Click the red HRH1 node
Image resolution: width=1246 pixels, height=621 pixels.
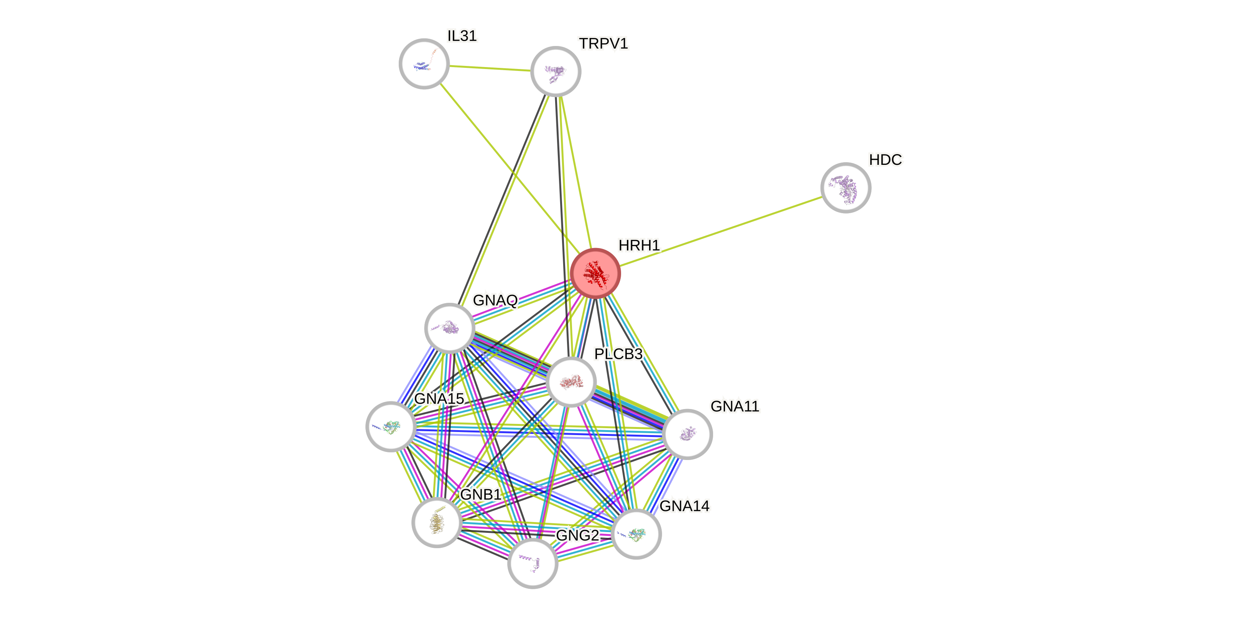tap(595, 273)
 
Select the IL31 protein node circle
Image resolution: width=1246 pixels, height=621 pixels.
tap(424, 64)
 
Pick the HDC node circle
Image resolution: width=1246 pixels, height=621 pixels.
tap(846, 188)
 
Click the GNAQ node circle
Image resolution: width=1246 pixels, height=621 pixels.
tap(449, 328)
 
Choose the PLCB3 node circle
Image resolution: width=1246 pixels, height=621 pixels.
tap(571, 382)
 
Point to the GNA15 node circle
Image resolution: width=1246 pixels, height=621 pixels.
tap(391, 427)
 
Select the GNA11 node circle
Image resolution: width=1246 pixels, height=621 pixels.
tap(687, 434)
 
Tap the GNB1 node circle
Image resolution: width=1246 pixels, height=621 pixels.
tap(437, 522)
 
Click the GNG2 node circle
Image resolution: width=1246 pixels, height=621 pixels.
tap(533, 563)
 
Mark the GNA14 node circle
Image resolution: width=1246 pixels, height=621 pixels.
tap(636, 534)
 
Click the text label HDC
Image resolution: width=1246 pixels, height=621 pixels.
tap(885, 159)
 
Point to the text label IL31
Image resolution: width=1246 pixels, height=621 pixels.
tap(462, 35)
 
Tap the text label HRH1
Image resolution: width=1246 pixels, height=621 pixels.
tap(639, 246)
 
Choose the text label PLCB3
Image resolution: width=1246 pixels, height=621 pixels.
tap(618, 354)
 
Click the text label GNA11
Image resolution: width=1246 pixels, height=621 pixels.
tap(735, 406)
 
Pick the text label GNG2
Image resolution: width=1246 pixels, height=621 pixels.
tap(577, 536)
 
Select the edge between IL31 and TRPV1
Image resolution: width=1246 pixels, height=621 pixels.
tap(490, 68)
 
